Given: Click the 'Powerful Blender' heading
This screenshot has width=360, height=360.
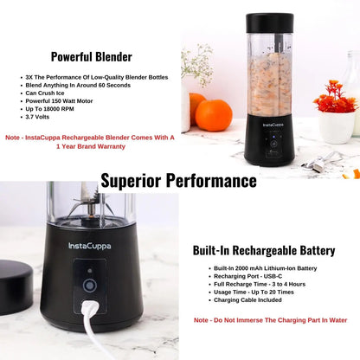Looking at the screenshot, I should click(x=91, y=57).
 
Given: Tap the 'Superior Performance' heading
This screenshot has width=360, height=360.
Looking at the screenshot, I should click(x=179, y=180).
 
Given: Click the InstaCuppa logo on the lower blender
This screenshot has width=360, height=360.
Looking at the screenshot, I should click(x=89, y=246).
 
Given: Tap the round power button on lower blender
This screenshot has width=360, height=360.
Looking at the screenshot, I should click(x=88, y=285).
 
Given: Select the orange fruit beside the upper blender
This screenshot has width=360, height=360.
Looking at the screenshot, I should click(x=213, y=114).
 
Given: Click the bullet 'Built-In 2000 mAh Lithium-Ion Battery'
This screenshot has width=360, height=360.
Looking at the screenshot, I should click(x=264, y=269).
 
